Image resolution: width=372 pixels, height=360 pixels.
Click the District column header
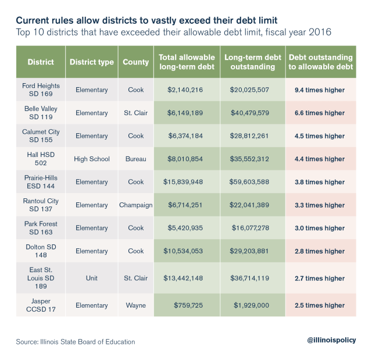(x=40, y=62)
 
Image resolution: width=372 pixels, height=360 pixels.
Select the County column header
(x=135, y=62)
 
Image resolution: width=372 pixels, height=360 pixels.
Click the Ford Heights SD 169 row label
(x=41, y=90)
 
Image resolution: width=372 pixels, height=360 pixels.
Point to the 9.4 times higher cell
(x=320, y=90)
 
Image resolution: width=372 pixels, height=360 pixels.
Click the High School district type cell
(x=91, y=159)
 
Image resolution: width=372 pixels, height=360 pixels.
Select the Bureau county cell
(x=135, y=159)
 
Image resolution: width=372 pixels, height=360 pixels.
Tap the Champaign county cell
(x=135, y=205)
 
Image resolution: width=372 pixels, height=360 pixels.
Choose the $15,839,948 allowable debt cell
(x=185, y=182)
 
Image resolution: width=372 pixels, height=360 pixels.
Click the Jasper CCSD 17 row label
(x=41, y=305)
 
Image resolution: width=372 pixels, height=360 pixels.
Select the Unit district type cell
(x=91, y=279)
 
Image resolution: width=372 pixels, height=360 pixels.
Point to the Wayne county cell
(x=135, y=305)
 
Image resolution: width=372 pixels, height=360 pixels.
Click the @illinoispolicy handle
(x=331, y=340)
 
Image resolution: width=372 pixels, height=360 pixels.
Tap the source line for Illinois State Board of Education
(x=76, y=341)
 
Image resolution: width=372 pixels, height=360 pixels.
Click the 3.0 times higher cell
(x=320, y=228)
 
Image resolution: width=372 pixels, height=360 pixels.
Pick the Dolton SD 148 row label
(x=41, y=251)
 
